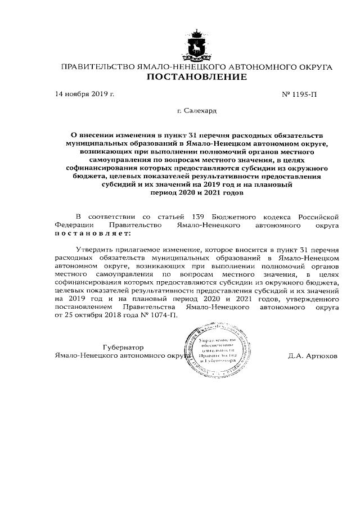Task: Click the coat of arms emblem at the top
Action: tap(196, 44)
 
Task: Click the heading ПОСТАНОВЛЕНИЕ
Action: tap(196, 78)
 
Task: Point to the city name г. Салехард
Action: tap(196, 112)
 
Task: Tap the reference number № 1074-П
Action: tap(158, 317)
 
